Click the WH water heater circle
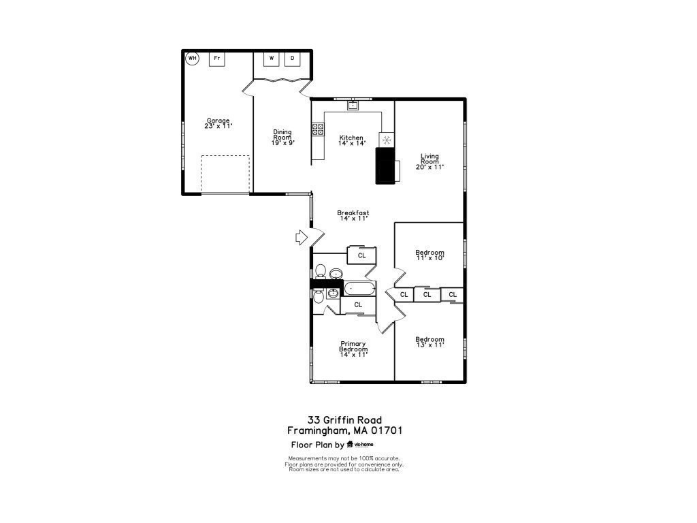[192, 59]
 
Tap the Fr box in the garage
[217, 59]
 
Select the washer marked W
[272, 59]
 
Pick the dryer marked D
[293, 59]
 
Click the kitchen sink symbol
[353, 105]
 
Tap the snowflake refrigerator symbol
[386, 140]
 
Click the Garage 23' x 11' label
[218, 123]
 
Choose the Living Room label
[429, 161]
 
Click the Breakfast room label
[353, 216]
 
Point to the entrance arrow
[300, 237]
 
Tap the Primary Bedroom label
[353, 349]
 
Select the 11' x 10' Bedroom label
[429, 255]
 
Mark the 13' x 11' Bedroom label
[429, 342]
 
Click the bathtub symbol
[359, 289]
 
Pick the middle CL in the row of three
[427, 295]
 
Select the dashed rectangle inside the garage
[225, 174]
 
